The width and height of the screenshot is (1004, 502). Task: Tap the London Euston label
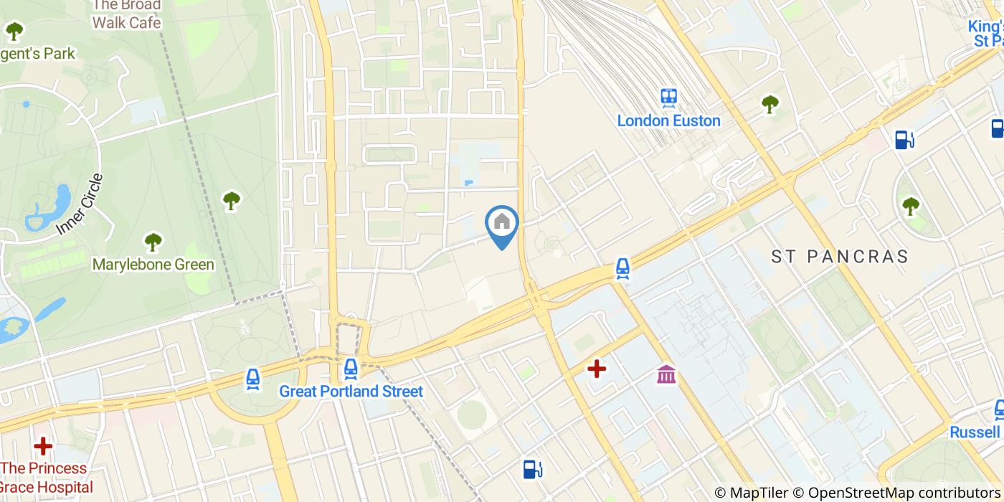click(668, 120)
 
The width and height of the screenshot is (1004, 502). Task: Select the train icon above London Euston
click(669, 97)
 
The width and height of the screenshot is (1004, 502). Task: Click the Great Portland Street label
click(351, 392)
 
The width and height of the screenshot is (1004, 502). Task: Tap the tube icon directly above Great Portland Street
click(350, 369)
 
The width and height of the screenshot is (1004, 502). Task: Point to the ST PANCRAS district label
click(840, 257)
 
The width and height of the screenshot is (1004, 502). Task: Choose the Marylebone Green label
click(153, 265)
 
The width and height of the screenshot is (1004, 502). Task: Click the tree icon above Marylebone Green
click(153, 242)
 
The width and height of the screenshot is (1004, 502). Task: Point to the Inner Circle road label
click(79, 205)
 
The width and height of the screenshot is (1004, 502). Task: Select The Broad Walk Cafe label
click(126, 14)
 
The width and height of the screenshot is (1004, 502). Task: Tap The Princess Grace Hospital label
click(47, 478)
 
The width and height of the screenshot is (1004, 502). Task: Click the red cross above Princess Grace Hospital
click(43, 446)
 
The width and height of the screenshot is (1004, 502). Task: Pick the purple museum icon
click(666, 374)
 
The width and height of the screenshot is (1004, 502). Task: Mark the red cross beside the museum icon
click(597, 369)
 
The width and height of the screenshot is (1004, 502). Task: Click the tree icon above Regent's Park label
click(14, 31)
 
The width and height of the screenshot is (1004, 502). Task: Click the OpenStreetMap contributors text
click(904, 493)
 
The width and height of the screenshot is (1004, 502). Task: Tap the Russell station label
click(975, 432)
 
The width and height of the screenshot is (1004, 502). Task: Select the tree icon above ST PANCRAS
click(910, 206)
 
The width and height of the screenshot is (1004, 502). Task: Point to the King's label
click(985, 26)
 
